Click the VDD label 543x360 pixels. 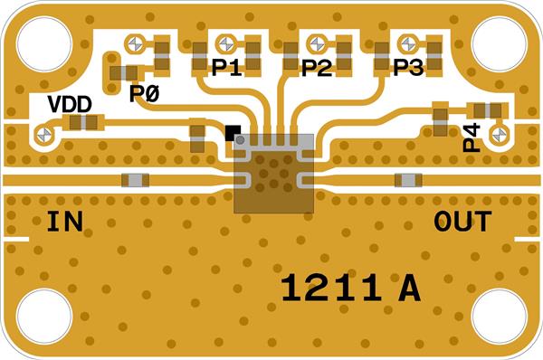coord(70,104)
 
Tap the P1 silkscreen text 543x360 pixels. coord(226,67)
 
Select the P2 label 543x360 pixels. coord(317,67)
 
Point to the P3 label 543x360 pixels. coord(408,67)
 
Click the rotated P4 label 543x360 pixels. coord(472,137)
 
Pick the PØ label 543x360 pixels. coord(145,93)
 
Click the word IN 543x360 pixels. coord(65,222)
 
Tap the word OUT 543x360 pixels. coord(462,222)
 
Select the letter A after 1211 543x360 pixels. coord(410,288)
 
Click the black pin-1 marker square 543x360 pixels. coord(233,133)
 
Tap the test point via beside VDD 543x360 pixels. coord(44,134)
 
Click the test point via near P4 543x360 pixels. coord(500,134)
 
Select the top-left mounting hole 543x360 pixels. coord(44,44)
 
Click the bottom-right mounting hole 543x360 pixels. coord(499,317)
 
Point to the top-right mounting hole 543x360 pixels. coord(499,44)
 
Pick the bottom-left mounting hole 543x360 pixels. coord(44,317)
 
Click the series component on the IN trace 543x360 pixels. coord(136,180)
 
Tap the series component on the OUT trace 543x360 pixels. coord(409,180)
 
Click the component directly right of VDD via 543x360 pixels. coord(83,122)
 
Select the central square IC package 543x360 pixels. coord(273,173)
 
